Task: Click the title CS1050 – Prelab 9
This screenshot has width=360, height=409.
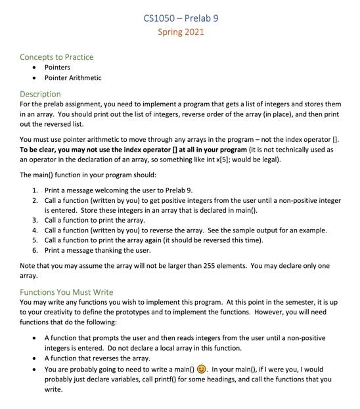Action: pos(180,18)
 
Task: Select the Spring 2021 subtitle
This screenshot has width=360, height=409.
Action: pos(180,32)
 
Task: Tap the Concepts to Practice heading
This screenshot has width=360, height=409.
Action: pos(56,57)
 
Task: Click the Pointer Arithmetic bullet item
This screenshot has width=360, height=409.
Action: pos(73,77)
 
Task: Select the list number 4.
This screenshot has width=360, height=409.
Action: pos(35,230)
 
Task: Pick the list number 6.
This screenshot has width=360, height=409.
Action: pos(35,250)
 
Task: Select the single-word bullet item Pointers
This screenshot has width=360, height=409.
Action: pos(57,67)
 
